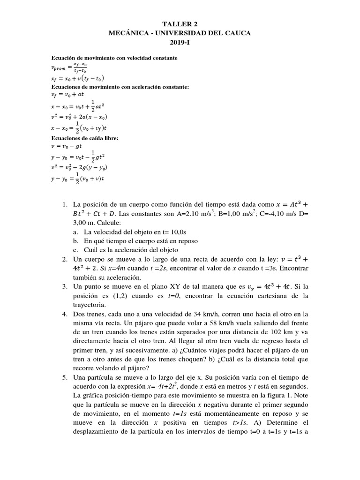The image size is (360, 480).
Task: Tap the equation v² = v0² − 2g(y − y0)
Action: [x=84, y=167]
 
